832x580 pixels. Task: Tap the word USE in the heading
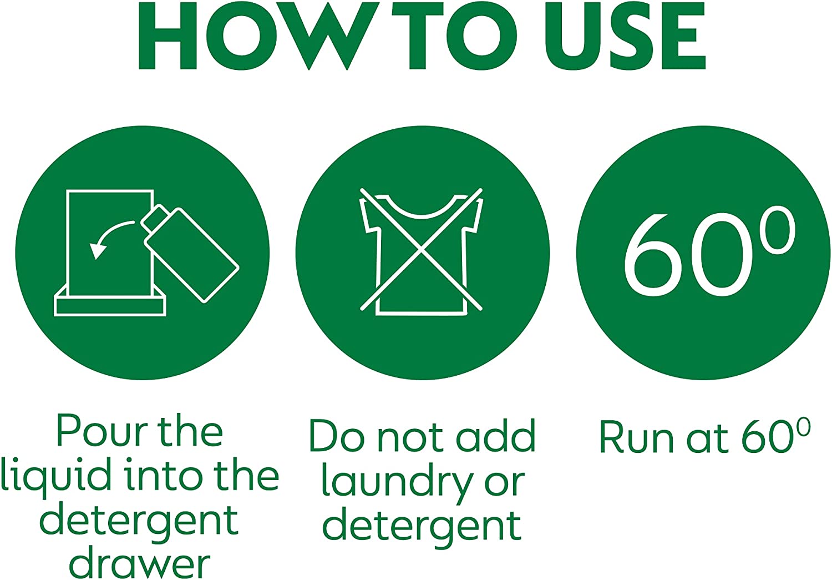(625, 36)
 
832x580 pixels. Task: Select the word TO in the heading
(455, 36)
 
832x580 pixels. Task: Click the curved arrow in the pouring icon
(108, 236)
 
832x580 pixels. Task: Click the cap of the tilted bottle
(155, 218)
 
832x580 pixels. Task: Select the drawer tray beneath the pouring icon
(110, 302)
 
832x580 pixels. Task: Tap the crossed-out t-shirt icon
(422, 252)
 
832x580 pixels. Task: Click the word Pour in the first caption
(99, 432)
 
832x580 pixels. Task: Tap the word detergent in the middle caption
(422, 528)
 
